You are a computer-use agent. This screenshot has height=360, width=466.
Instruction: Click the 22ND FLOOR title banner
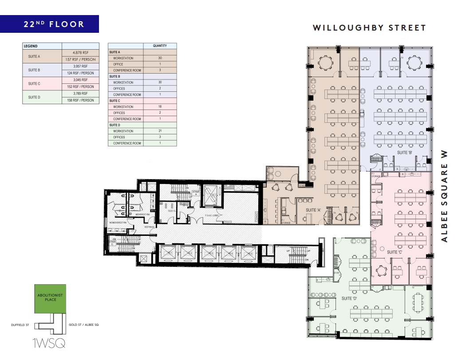(49, 24)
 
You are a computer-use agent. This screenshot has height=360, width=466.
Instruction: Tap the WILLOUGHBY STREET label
(369, 28)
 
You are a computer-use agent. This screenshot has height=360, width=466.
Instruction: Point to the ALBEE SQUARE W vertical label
(444, 196)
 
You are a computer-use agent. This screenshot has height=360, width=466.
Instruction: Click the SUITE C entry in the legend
(34, 84)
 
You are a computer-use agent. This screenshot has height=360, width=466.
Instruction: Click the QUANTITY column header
(160, 46)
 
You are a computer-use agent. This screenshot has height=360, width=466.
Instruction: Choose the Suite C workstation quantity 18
(160, 107)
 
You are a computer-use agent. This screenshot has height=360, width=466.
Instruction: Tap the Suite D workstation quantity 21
(160, 131)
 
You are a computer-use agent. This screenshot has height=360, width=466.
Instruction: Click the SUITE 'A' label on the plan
(313, 210)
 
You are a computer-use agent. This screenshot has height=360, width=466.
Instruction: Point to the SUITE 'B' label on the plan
(405, 153)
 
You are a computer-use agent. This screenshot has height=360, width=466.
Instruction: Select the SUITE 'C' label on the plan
(395, 252)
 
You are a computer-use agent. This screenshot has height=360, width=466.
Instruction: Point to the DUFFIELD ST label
(20, 325)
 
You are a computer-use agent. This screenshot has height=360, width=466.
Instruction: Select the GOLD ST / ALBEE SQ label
(84, 325)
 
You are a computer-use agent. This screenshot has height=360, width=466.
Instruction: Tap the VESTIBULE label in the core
(148, 227)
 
